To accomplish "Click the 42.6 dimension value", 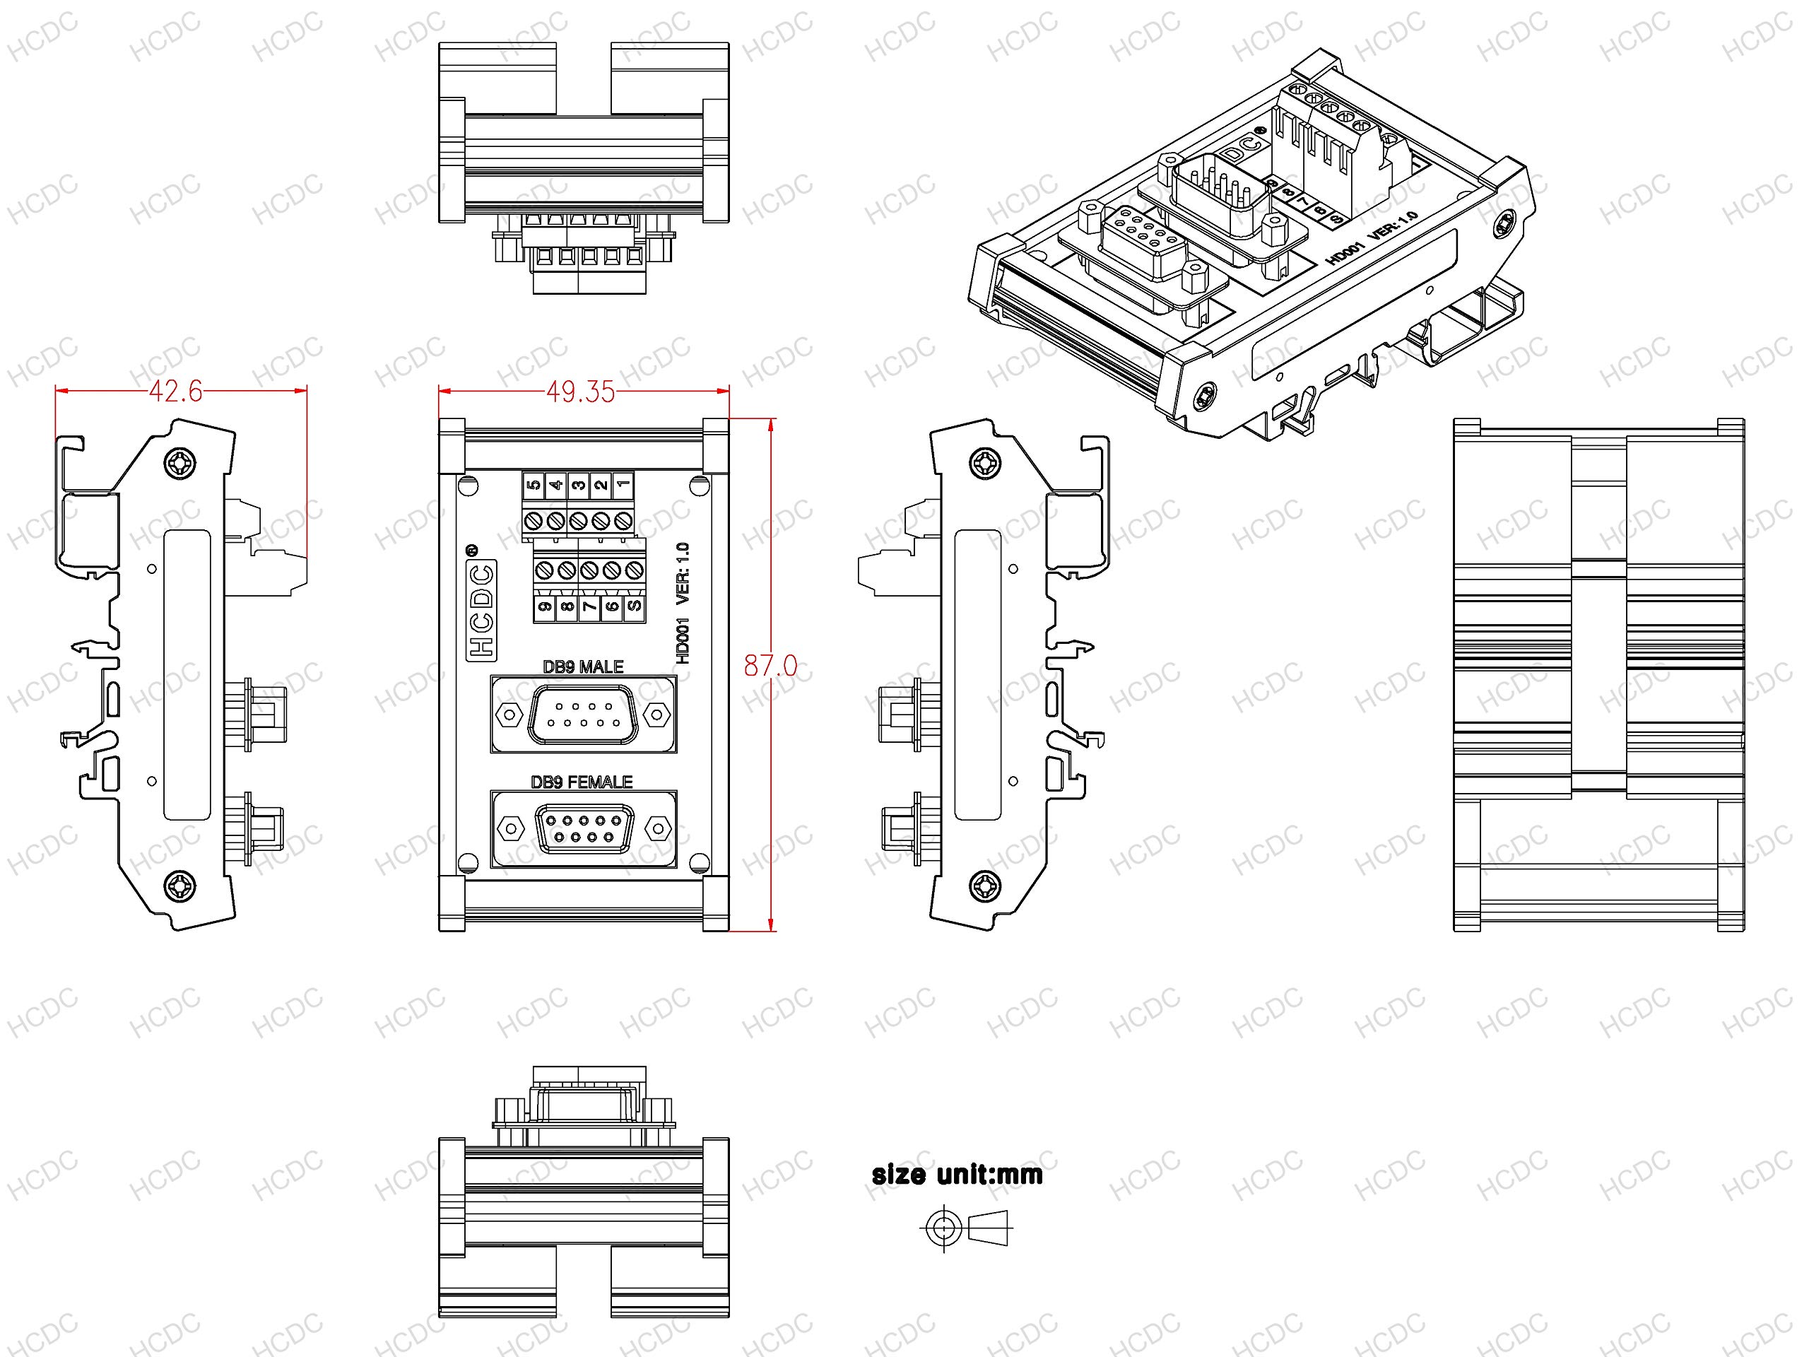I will (175, 391).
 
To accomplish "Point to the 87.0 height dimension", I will (770, 666).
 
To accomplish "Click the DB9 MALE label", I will (583, 666).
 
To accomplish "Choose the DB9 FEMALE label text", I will (582, 782).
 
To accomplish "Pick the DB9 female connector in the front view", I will (583, 828).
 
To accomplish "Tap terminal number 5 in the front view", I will (534, 485).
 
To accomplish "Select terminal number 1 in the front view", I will (623, 485).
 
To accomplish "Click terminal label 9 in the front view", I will (545, 607).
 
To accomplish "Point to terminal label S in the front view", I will (634, 607).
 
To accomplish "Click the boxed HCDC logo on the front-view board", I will (482, 610).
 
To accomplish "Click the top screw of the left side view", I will (180, 464).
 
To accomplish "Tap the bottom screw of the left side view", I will (180, 885).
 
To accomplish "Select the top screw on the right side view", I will (984, 464).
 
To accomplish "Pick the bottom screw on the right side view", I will (984, 885).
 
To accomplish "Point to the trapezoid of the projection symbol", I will (989, 1228).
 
